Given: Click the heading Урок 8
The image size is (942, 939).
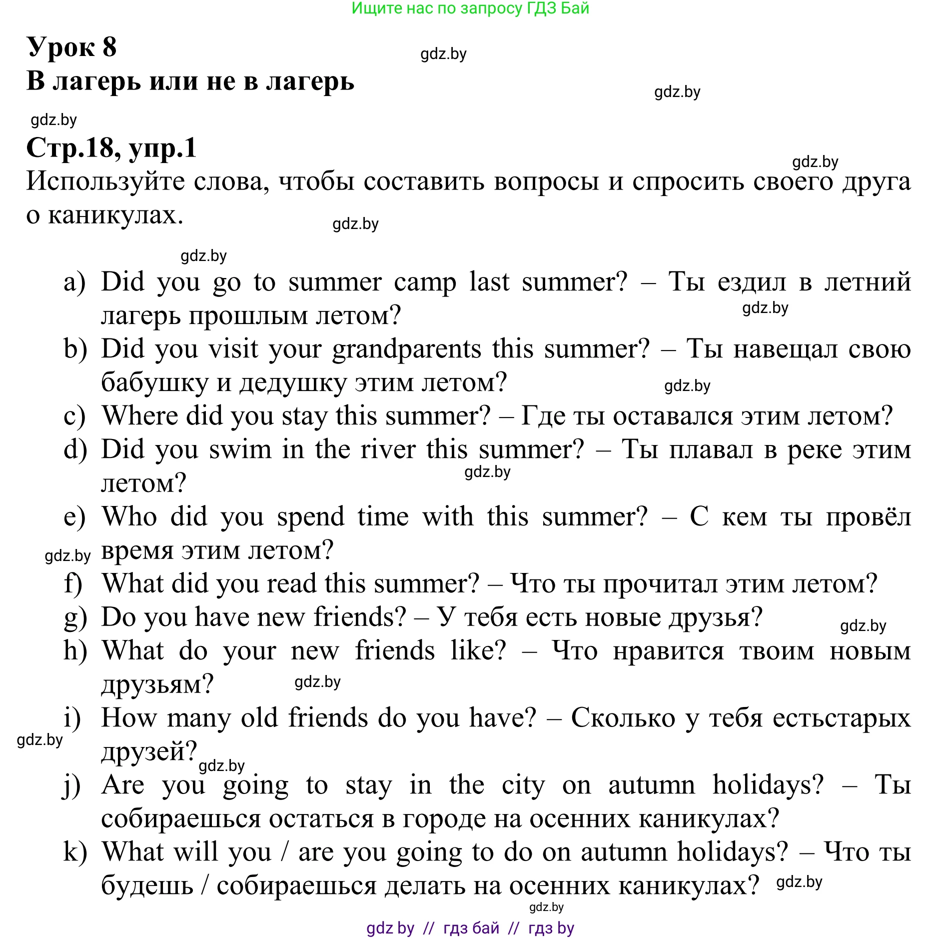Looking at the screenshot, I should coord(71,47).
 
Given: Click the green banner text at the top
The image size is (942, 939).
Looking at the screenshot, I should coord(470,8).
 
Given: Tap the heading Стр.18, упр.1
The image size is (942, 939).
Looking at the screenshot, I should coord(111,148).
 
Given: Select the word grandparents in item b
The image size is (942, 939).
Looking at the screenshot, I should coord(406,349).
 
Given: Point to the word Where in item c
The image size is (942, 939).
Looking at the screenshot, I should coord(139,416).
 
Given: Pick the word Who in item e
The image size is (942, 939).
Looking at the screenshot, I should coord(129,516).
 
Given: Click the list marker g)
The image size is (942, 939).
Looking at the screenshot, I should coord(75,618).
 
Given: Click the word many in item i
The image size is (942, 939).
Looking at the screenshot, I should coord(198,718).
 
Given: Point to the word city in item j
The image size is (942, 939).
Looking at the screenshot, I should coord(523,785).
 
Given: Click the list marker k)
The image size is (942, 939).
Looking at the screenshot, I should coord(75,852).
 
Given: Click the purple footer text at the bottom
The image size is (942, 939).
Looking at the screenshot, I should coord(470,928).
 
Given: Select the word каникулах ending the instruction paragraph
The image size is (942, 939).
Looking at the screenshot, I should coord(115,215).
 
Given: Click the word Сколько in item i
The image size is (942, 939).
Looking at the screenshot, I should coord(623,718).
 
